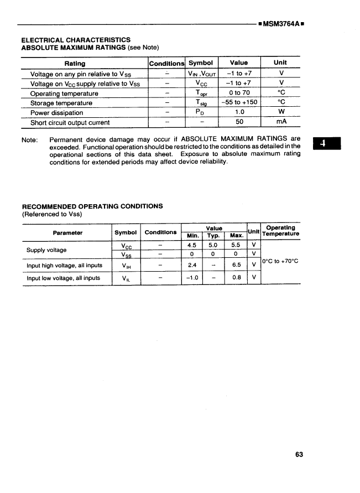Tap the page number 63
pos(299,454)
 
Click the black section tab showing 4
pos(327,144)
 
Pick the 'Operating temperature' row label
pos(64,93)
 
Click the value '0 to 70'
pos(239,93)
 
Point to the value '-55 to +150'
pos(239,103)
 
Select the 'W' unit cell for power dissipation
pos(281,113)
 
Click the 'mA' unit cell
pos(281,123)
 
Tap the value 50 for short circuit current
pos(239,123)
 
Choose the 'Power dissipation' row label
pos(56,113)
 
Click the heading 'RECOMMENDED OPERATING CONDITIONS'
pos(92,206)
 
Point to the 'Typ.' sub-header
pos(213,235)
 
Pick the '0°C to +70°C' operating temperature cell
pos(280,261)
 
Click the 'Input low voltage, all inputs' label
pos(64,278)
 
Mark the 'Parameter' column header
pos(67,232)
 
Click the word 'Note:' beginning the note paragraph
pos(29,139)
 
